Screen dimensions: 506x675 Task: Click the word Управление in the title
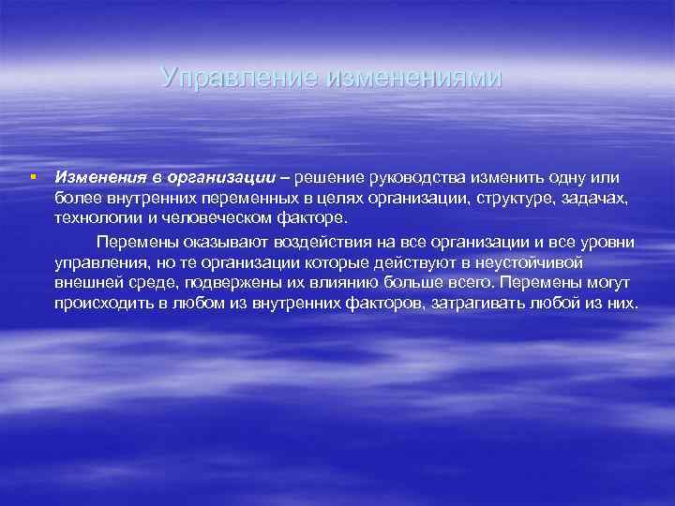click(x=238, y=77)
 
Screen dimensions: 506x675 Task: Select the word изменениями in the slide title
click(x=413, y=77)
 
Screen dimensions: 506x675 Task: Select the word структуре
click(x=520, y=199)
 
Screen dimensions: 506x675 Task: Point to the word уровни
click(x=603, y=242)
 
